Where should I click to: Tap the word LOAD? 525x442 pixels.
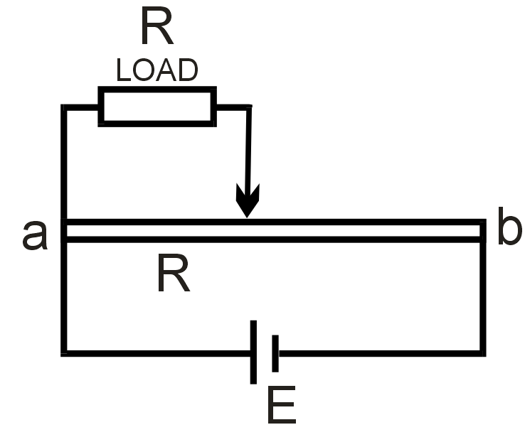(x=157, y=70)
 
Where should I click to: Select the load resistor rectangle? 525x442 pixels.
(x=157, y=106)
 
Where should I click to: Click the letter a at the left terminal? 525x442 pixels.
(x=35, y=235)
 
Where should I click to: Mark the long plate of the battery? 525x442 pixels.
(x=254, y=352)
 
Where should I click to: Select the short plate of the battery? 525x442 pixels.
(x=275, y=352)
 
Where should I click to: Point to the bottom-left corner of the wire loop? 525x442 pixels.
(x=65, y=352)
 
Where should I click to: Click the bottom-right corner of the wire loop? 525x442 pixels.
(x=483, y=352)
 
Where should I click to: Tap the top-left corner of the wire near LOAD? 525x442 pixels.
(x=65, y=107)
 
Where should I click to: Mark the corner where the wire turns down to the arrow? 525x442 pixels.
(x=248, y=107)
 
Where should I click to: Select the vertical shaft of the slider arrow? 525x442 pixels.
(x=248, y=149)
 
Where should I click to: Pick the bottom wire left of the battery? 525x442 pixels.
(x=157, y=352)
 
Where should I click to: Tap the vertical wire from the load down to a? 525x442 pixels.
(x=65, y=163)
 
